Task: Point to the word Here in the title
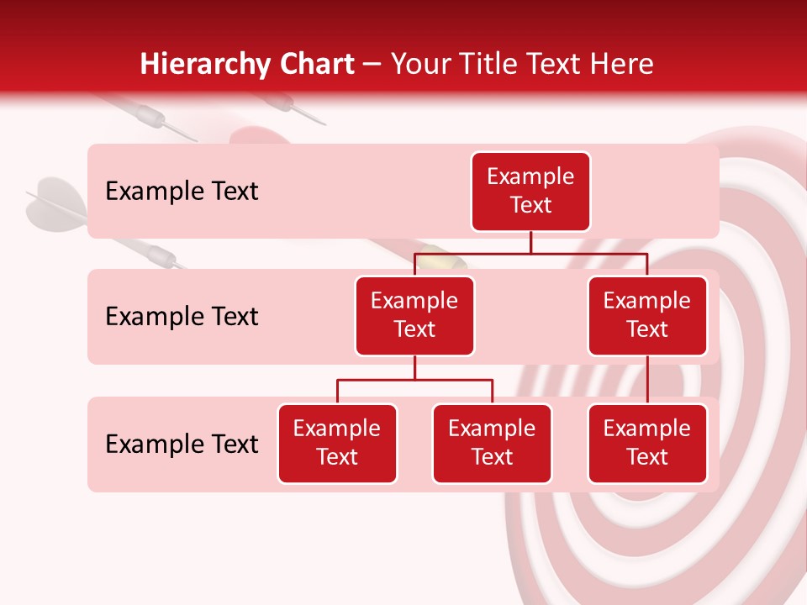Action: [x=621, y=65]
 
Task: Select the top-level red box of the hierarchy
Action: [x=530, y=191]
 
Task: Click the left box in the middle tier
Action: [x=414, y=315]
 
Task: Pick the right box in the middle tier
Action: [x=647, y=315]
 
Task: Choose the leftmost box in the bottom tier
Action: [x=337, y=443]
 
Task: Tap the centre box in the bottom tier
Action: [x=492, y=443]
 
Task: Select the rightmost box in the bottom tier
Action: [x=647, y=443]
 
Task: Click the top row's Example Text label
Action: [x=182, y=192]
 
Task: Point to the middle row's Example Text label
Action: [x=182, y=317]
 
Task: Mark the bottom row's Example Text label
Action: [x=182, y=444]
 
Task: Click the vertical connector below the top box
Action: [x=530, y=242]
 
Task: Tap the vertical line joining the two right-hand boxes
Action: [x=647, y=380]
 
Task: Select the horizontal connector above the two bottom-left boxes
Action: [x=414, y=380]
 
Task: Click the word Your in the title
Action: [x=416, y=65]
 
